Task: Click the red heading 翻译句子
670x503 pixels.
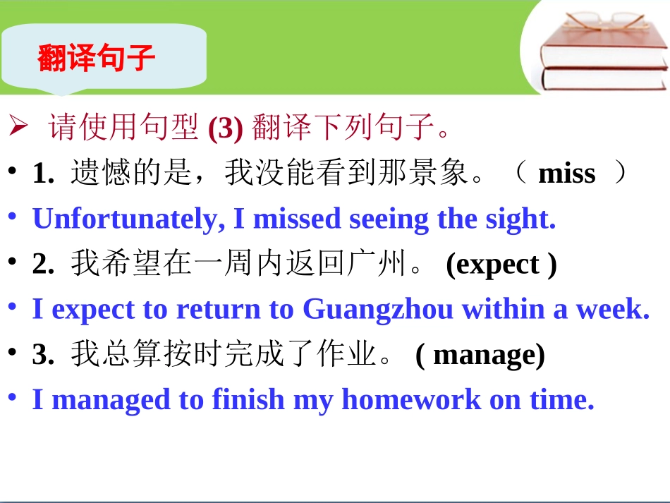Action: coord(96,59)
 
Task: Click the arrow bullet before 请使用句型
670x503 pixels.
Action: coord(18,128)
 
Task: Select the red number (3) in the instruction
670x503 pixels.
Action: coord(226,129)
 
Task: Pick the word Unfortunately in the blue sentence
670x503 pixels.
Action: coord(124,219)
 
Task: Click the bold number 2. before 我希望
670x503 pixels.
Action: coord(44,265)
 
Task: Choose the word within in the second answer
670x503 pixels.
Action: coord(501,310)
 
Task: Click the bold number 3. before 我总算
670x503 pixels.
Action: coord(44,355)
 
